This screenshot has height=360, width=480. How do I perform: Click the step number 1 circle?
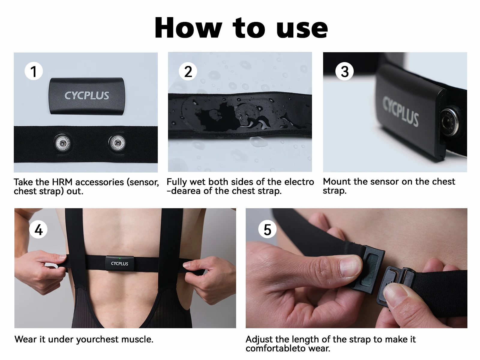(34, 71)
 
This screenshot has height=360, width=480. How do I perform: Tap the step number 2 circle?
(188, 71)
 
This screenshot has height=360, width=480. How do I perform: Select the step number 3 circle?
(345, 71)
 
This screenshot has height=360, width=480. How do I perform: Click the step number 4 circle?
(38, 230)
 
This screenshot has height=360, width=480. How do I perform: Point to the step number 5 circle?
(267, 230)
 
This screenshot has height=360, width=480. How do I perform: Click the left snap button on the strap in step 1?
(63, 143)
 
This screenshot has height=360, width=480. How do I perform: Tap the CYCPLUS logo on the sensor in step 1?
(87, 96)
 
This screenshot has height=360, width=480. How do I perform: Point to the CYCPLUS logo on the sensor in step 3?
(400, 111)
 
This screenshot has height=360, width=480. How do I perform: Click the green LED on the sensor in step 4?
(120, 258)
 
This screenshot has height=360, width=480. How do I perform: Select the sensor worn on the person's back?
(119, 263)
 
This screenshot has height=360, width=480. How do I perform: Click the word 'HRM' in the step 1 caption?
(62, 182)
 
